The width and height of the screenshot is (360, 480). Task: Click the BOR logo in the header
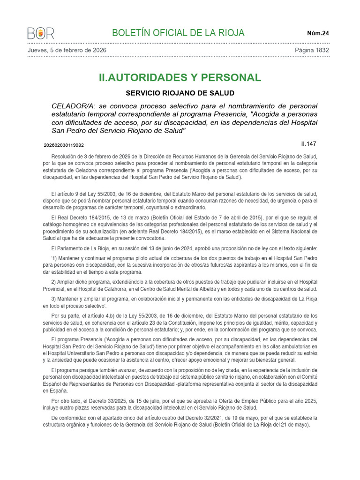[41, 33]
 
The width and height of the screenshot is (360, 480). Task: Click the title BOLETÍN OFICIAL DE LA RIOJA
[178, 33]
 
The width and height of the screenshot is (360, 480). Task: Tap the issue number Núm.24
[318, 33]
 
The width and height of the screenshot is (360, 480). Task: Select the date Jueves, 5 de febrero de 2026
[67, 50]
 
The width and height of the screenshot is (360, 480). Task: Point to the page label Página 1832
[312, 50]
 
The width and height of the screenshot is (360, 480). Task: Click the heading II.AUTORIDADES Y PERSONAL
[180, 77]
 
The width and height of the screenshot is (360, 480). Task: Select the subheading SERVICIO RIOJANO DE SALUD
[180, 93]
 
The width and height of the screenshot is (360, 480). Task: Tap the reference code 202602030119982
[64, 145]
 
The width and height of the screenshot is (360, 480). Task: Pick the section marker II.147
[309, 144]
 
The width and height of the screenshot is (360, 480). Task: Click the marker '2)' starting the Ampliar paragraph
[54, 282]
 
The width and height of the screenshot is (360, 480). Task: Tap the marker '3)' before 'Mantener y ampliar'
[54, 299]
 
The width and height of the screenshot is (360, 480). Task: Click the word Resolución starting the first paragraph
[65, 157]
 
